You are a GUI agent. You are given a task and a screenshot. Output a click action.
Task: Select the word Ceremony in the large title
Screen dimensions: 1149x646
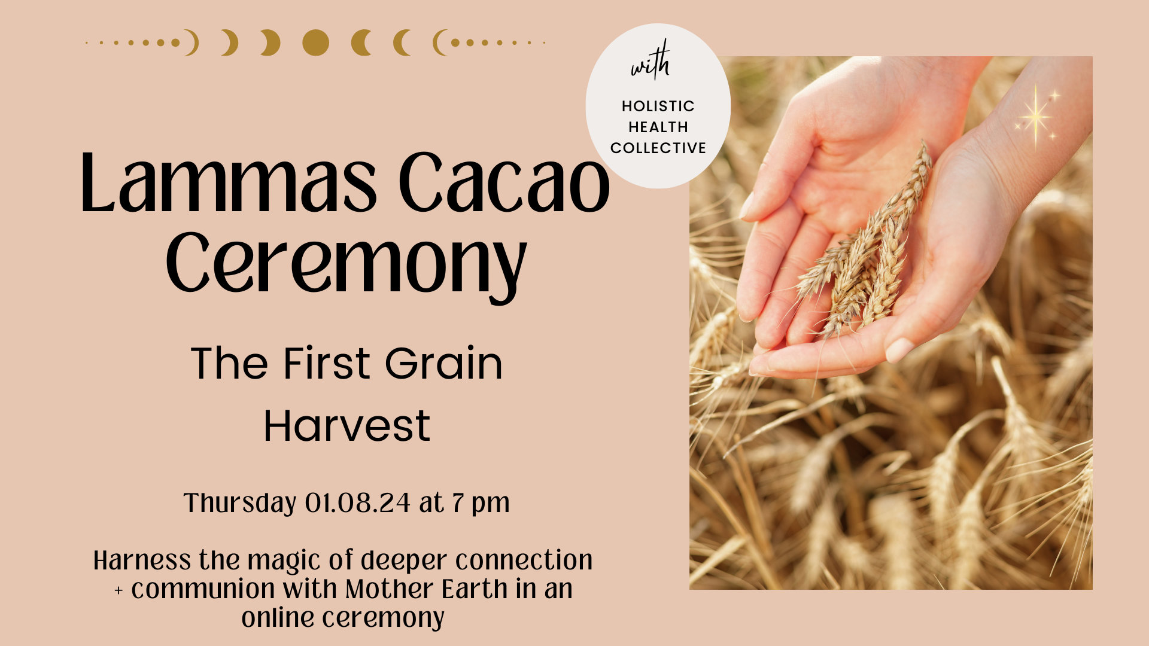coord(346,264)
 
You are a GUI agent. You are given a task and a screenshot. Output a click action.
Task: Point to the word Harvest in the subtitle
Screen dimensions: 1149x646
coord(347,426)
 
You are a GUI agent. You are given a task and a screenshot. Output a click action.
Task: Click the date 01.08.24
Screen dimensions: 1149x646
coord(357,503)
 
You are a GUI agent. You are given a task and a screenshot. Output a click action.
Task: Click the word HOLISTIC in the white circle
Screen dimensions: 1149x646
coord(658,106)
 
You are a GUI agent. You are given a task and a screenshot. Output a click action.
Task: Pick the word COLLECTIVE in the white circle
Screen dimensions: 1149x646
coord(658,148)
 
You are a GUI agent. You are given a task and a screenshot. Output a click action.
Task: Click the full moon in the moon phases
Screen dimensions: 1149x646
coord(315,42)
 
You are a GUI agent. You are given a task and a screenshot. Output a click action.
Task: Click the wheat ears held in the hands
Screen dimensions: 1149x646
coord(868,251)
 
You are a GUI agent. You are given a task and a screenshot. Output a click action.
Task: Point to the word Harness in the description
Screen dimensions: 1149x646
coord(142,561)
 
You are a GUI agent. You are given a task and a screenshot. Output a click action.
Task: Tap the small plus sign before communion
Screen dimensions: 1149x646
coord(118,591)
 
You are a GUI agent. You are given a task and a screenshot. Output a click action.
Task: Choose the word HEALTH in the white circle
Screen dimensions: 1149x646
coord(658,127)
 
